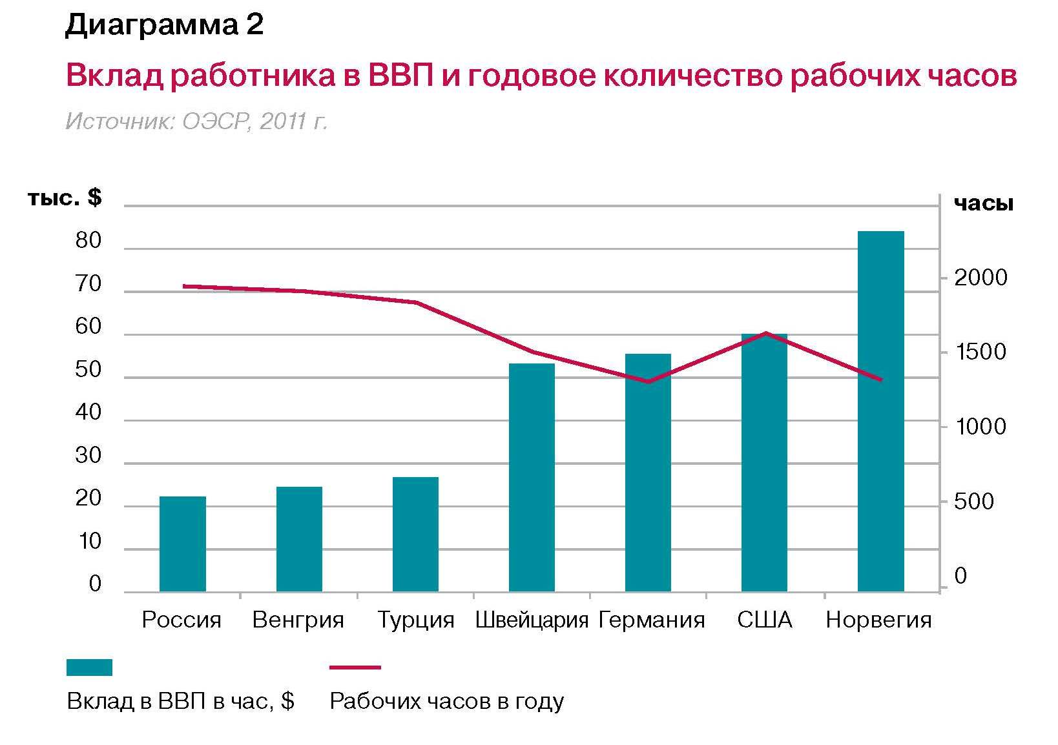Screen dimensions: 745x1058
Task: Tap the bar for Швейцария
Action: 532,477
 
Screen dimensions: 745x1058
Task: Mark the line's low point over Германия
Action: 648,382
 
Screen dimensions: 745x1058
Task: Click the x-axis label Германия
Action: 651,620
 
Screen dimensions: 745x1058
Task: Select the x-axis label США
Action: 765,620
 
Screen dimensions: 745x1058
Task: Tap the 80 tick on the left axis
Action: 88,241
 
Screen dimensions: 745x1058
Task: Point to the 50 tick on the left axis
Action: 88,370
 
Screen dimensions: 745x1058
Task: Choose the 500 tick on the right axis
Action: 973,502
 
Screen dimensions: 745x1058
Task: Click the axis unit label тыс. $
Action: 65,198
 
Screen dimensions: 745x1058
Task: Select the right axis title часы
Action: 984,204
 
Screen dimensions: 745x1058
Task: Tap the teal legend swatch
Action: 89,668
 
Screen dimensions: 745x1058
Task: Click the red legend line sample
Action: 355,668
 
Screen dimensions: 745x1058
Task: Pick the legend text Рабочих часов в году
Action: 447,701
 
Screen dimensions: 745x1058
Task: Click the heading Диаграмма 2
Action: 164,26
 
